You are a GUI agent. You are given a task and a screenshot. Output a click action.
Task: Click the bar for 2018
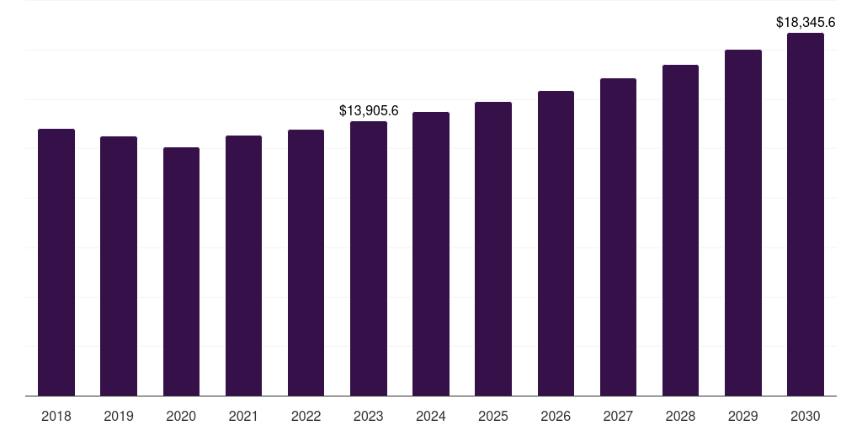56,262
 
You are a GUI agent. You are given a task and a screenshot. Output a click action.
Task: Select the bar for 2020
181,271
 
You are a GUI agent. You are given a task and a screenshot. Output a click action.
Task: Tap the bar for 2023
369,258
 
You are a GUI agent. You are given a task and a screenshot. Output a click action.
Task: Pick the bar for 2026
556,243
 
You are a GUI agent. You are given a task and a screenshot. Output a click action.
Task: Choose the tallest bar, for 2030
806,214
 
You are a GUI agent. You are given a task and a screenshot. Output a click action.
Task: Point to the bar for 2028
680,230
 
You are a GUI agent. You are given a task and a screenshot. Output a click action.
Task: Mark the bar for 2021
243,265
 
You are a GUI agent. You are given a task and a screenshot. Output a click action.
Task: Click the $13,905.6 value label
369,110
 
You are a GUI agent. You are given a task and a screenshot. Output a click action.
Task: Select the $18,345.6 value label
806,22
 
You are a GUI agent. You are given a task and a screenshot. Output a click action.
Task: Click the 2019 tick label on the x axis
119,416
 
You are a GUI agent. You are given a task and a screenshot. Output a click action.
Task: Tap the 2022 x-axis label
306,416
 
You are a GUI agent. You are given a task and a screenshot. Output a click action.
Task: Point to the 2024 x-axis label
431,416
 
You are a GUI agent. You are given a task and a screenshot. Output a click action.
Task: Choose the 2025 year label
493,416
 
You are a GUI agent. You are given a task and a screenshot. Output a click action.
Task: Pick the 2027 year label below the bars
618,416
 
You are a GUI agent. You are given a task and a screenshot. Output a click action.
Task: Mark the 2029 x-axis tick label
743,416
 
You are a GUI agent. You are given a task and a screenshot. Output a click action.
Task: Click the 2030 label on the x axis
806,416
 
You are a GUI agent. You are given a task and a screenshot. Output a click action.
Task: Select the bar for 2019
119,266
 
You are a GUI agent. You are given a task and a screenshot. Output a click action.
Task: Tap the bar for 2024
431,253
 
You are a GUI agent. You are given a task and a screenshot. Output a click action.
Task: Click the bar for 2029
743,222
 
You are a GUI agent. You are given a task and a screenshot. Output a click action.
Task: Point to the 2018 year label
56,416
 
